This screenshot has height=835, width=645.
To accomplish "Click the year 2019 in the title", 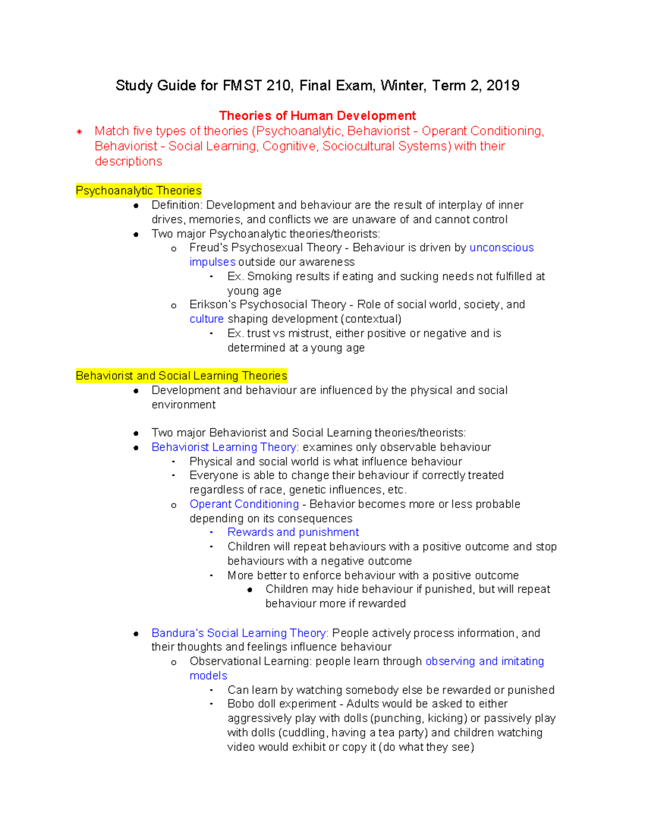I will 503,85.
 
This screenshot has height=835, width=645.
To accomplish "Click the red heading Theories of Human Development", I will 317,116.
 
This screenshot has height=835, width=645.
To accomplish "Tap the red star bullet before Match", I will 79,131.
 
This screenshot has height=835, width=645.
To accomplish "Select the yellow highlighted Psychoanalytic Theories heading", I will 139,190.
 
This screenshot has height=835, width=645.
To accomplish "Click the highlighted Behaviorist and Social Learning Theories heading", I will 182,375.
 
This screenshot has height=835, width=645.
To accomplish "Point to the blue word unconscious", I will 501,247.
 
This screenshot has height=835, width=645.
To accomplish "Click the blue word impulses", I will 212,262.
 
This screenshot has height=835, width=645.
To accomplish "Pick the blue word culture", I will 206,319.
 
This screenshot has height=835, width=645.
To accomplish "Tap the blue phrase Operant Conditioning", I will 244,504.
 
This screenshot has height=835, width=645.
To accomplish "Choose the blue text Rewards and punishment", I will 293,532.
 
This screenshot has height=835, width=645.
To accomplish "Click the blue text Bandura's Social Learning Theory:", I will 240,633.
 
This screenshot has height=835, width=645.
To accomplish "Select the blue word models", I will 209,675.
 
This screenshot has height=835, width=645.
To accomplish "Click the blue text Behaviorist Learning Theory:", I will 225,447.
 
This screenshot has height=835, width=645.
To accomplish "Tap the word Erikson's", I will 212,304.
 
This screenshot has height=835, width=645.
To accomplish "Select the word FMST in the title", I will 242,85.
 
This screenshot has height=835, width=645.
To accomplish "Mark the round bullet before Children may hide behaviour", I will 250,590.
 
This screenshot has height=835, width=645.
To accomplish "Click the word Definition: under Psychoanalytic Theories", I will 177,205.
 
